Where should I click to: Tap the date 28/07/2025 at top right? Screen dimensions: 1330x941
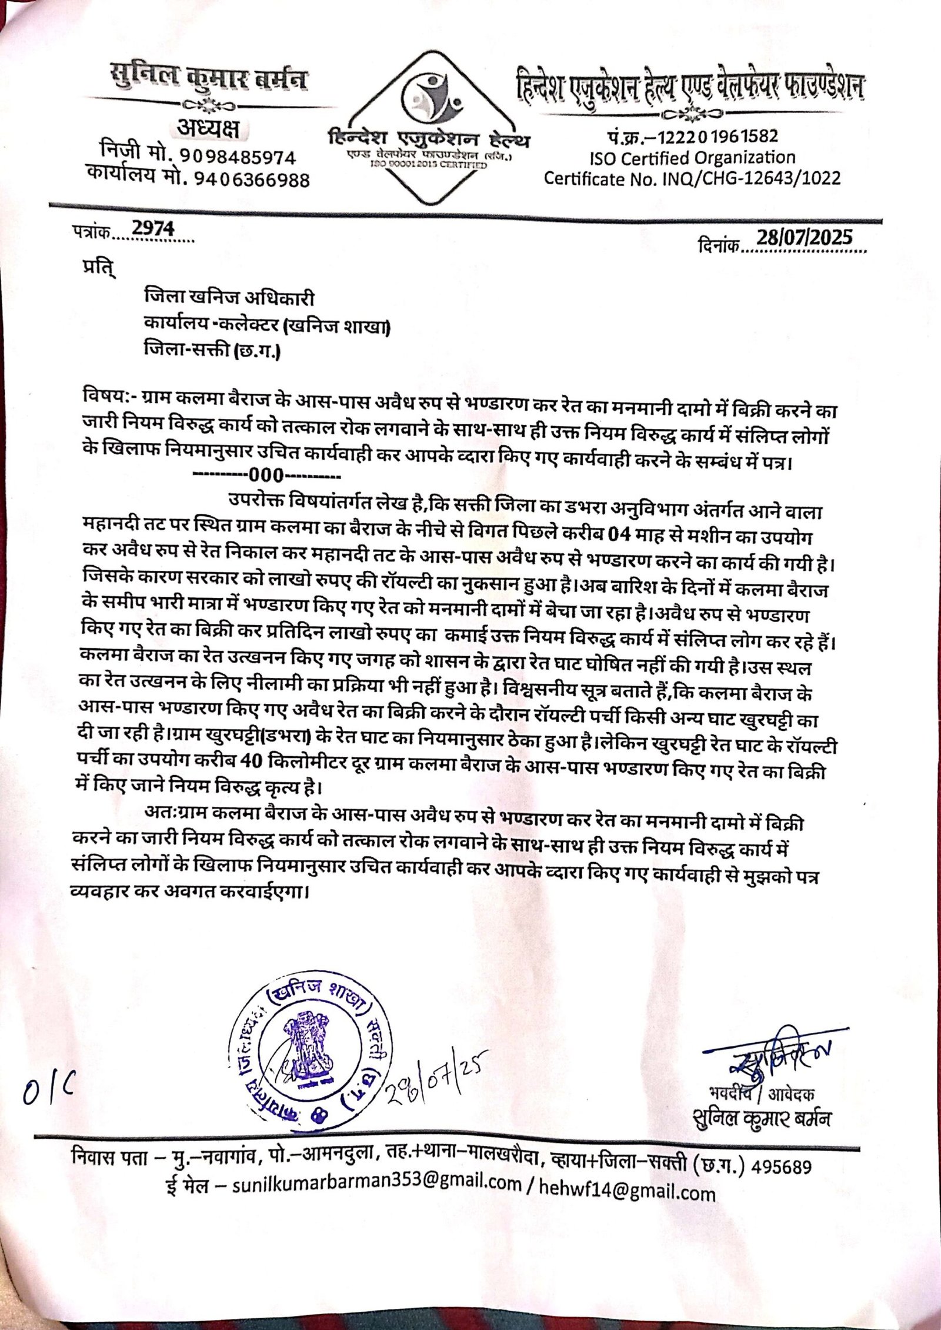[804, 238]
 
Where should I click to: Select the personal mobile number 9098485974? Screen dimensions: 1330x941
[238, 157]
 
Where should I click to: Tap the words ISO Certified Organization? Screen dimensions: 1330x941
[692, 158]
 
